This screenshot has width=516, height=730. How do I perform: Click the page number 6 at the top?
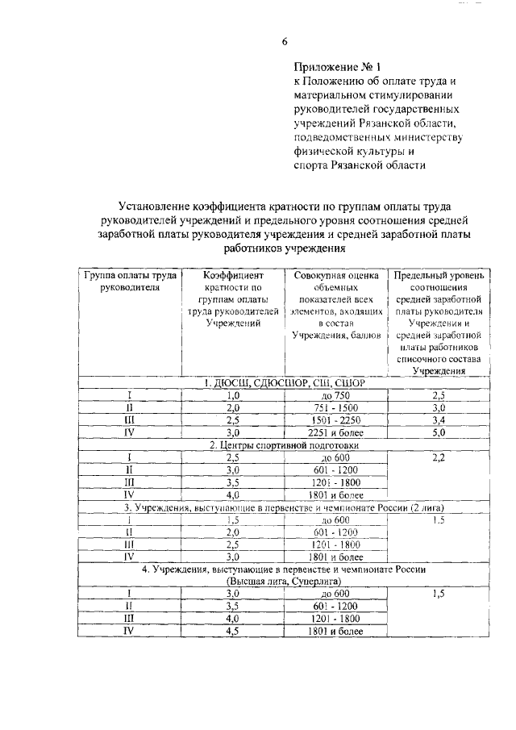pos(284,42)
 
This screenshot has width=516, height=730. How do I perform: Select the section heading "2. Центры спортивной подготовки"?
pos(284,444)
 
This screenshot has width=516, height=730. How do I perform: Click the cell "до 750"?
pos(335,395)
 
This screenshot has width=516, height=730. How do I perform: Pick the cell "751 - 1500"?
pos(335,408)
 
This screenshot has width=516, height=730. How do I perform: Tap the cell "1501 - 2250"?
pos(335,420)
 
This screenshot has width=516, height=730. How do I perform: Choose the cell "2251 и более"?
pos(335,432)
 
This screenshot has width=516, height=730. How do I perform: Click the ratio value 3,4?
pos(439,420)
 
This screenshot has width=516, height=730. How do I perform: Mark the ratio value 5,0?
pos(439,432)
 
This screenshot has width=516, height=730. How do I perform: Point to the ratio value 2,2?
pos(439,457)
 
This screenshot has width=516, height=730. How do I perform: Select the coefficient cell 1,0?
pos(234,395)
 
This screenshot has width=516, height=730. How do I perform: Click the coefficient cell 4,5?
pos(234,632)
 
